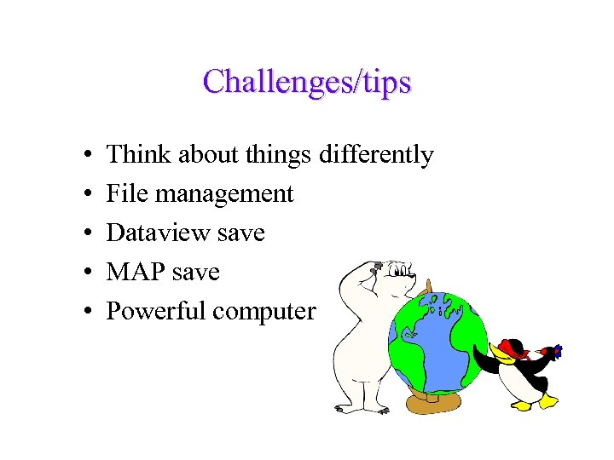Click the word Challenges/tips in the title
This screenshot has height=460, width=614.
[x=307, y=83]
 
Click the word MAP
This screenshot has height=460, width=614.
[x=135, y=273]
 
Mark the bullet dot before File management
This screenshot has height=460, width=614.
[x=90, y=195]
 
